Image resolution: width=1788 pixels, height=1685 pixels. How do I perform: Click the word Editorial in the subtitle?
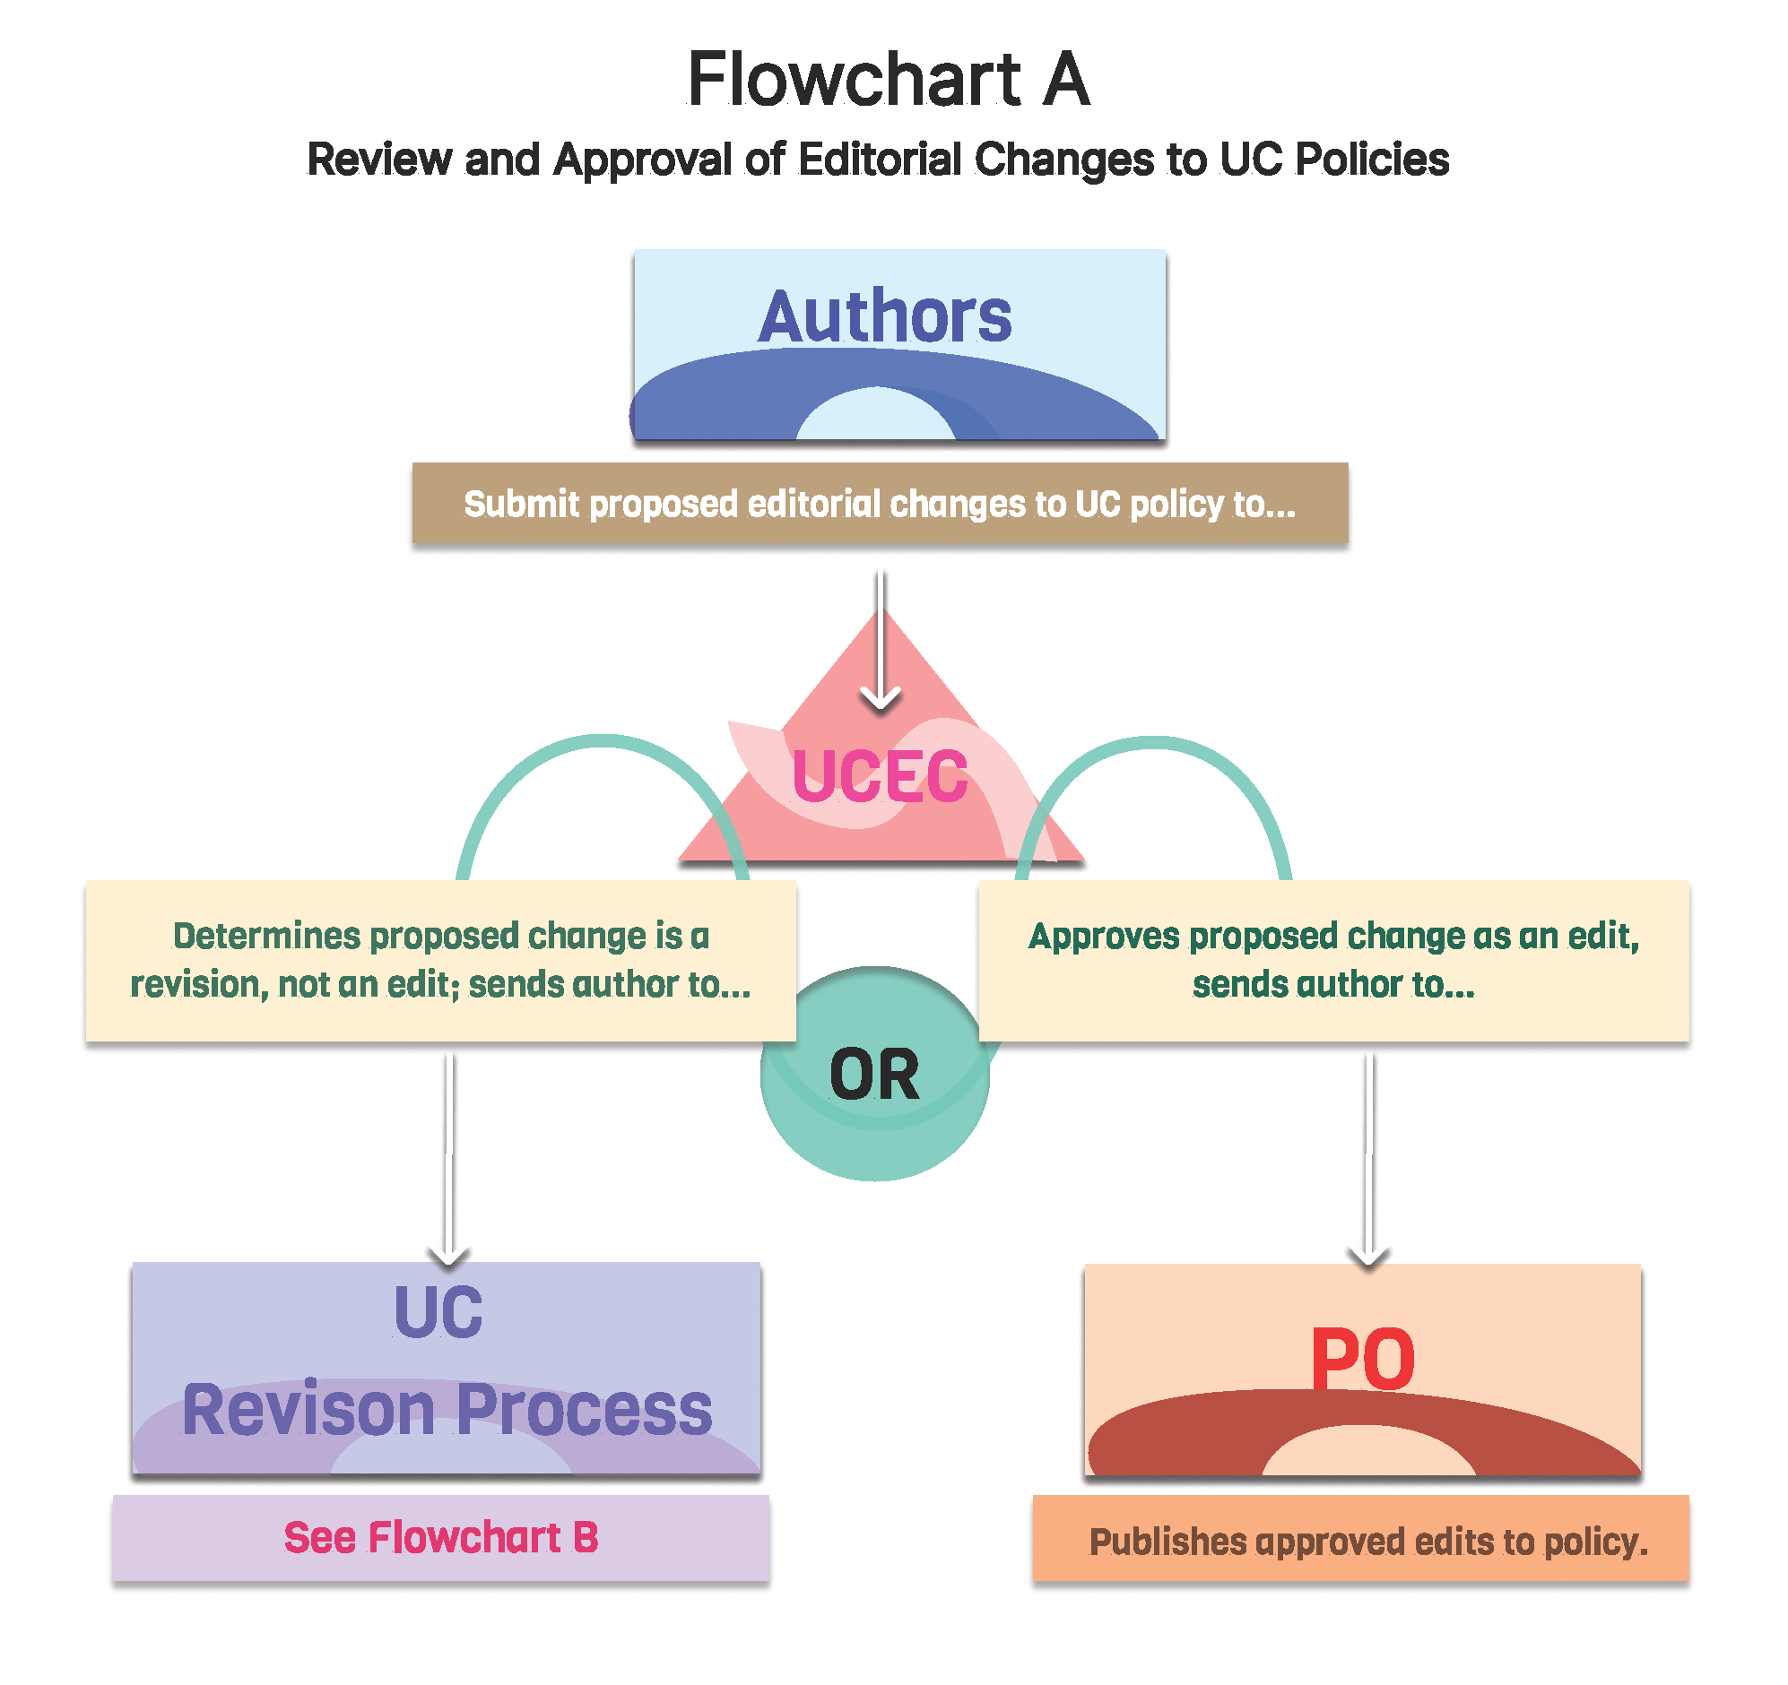880,160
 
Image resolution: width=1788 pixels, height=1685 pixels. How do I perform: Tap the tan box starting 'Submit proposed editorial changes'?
880,504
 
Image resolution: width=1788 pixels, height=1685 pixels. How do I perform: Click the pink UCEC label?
880,775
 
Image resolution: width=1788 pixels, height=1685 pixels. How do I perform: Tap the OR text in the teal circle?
874,1076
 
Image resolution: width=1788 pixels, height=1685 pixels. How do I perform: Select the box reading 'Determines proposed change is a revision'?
440,960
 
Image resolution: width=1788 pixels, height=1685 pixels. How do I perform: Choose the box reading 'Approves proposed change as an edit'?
1332,960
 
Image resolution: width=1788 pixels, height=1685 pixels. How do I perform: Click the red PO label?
1363,1360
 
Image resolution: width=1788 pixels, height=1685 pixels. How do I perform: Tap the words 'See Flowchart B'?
440,1537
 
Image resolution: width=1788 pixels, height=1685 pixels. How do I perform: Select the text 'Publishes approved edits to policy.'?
1368,1542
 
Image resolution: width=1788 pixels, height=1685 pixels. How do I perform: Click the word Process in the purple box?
585,1410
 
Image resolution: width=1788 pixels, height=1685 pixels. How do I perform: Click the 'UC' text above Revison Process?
438,1313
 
